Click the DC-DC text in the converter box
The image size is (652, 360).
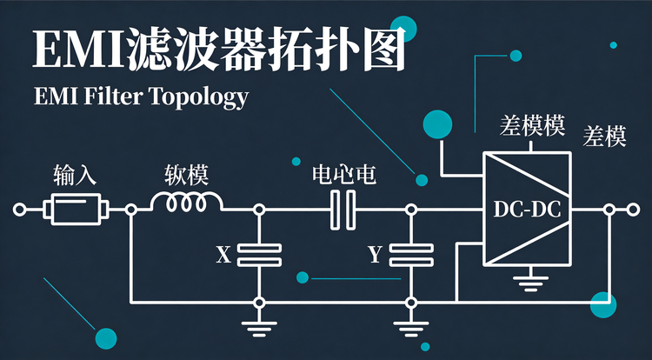coord(527,210)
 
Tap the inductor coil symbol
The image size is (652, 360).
coord(186,203)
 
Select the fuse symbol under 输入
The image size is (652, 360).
coord(77,209)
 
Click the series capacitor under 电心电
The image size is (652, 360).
coord(343,210)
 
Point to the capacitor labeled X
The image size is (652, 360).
coord(259,255)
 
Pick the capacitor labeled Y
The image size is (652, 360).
coord(411,255)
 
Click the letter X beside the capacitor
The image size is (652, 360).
coord(223,255)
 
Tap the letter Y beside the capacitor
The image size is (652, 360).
coord(375,255)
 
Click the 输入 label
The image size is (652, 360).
coord(75,175)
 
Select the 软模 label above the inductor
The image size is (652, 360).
coord(186,175)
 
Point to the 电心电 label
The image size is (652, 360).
coord(344,175)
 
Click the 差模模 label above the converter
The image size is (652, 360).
coord(532,125)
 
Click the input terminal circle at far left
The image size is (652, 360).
coord(19,210)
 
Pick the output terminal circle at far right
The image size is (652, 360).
coord(633,210)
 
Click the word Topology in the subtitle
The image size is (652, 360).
coord(199,97)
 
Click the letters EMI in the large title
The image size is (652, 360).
coord(78,50)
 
